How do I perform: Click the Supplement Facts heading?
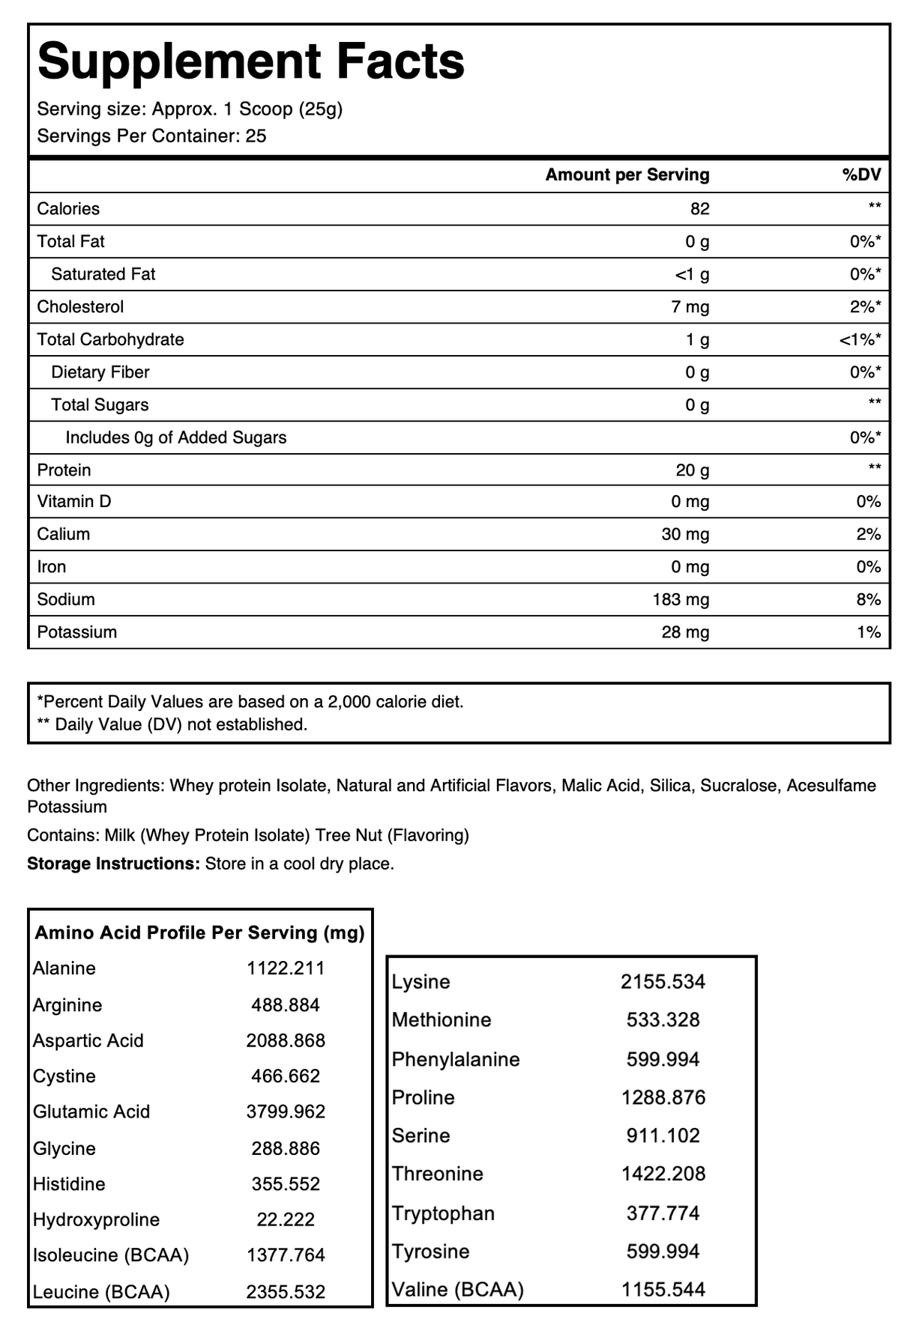[250, 61]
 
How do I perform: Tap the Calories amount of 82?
[699, 209]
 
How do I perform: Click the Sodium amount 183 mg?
[681, 600]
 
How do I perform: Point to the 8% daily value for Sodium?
[868, 600]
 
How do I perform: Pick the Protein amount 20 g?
[693, 470]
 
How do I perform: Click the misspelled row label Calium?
[64, 535]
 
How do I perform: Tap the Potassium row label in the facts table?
[77, 632]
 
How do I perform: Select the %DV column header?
[861, 175]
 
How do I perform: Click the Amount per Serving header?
[627, 175]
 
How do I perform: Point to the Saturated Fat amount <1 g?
[692, 275]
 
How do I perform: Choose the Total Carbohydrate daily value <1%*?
[860, 340]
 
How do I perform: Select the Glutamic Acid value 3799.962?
[286, 1112]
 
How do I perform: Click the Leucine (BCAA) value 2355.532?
[286, 1292]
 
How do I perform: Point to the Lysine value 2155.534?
[663, 982]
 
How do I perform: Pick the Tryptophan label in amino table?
[443, 1213]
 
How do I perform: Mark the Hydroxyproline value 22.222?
[286, 1220]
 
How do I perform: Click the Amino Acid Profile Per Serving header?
[200, 933]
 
